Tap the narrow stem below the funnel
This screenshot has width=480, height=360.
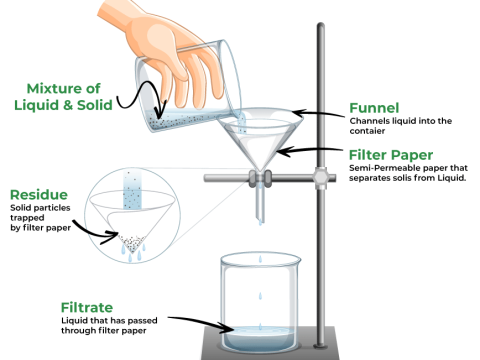click(x=259, y=205)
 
